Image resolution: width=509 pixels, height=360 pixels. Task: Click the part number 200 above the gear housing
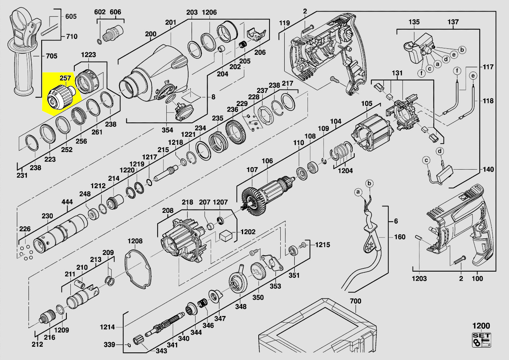click(151, 34)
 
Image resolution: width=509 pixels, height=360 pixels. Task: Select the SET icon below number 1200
click(481, 340)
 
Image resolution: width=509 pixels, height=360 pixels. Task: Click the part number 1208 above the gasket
click(135, 241)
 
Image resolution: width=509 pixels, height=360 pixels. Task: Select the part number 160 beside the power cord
click(400, 237)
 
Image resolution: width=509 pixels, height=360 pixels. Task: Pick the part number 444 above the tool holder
click(67, 202)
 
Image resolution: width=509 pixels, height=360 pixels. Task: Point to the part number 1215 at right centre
click(323, 244)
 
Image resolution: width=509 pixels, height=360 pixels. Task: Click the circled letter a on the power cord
click(359, 192)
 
